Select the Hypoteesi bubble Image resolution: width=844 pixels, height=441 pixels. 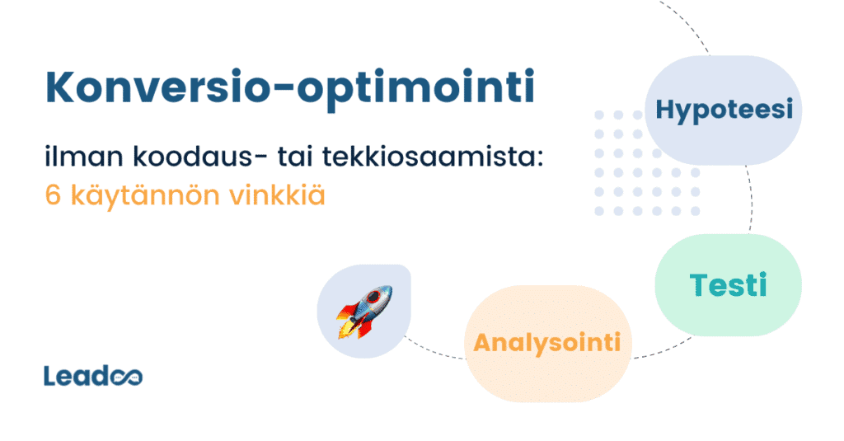coord(724,109)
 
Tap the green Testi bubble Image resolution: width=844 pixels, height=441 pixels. coord(728,285)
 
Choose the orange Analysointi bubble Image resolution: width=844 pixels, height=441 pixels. coord(547,342)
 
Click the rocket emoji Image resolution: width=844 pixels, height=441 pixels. coord(363,312)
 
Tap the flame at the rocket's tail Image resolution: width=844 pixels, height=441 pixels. coord(346,329)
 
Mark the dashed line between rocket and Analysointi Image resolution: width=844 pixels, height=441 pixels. coord(437,350)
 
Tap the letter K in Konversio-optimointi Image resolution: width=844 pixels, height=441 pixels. coord(60,87)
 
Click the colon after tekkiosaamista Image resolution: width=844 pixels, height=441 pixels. coord(540,159)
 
